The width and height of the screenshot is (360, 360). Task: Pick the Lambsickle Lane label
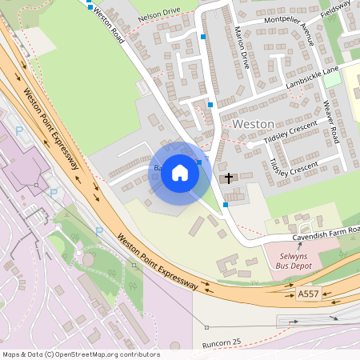312,77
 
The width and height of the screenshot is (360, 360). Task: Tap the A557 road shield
308,294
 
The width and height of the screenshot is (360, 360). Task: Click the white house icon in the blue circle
180,172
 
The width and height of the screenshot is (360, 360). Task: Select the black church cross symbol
229,178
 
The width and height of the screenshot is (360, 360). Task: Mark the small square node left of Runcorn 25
206,327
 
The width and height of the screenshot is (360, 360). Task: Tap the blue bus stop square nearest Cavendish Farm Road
226,205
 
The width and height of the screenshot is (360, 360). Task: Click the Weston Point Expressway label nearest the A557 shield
158,259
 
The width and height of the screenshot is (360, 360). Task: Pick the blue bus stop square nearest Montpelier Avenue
203,37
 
